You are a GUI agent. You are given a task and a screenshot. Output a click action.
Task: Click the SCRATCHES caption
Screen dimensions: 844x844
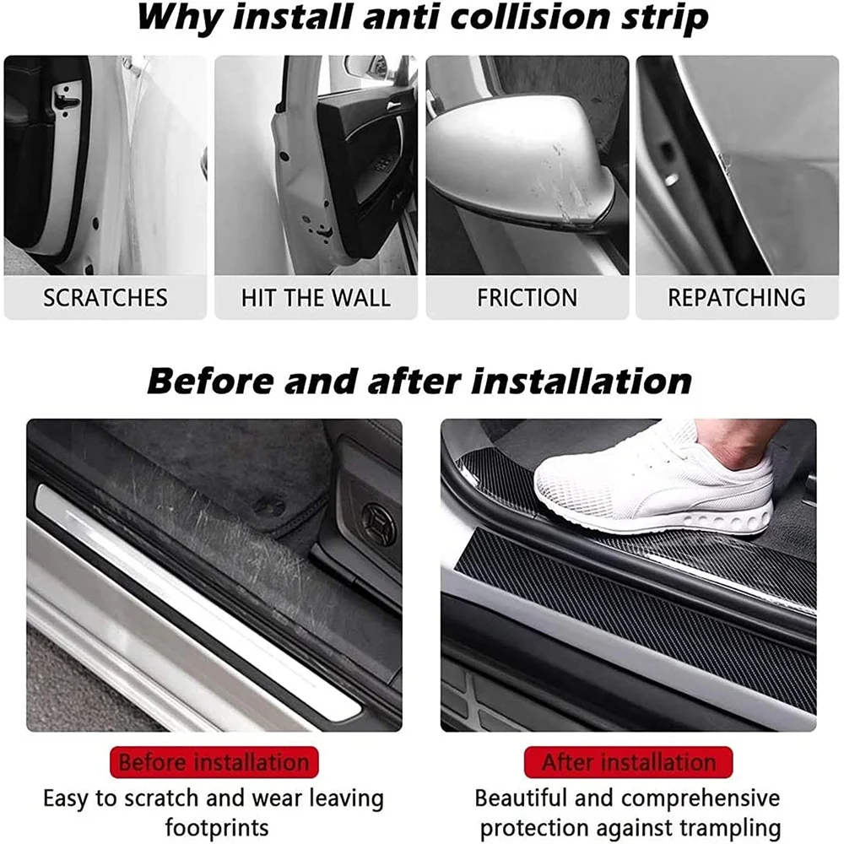click(105, 298)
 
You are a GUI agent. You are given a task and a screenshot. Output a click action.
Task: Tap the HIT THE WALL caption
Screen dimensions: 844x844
click(316, 298)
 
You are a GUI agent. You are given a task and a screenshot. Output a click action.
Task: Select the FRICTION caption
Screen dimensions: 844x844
click(527, 298)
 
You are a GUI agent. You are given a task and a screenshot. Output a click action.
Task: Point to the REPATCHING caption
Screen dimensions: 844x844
click(737, 298)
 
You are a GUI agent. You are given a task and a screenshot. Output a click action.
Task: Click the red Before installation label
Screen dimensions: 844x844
click(214, 763)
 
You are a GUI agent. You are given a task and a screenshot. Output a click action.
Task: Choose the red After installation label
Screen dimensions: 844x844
click(628, 763)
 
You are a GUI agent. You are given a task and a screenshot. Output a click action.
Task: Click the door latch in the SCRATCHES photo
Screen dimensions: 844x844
click(67, 100)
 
